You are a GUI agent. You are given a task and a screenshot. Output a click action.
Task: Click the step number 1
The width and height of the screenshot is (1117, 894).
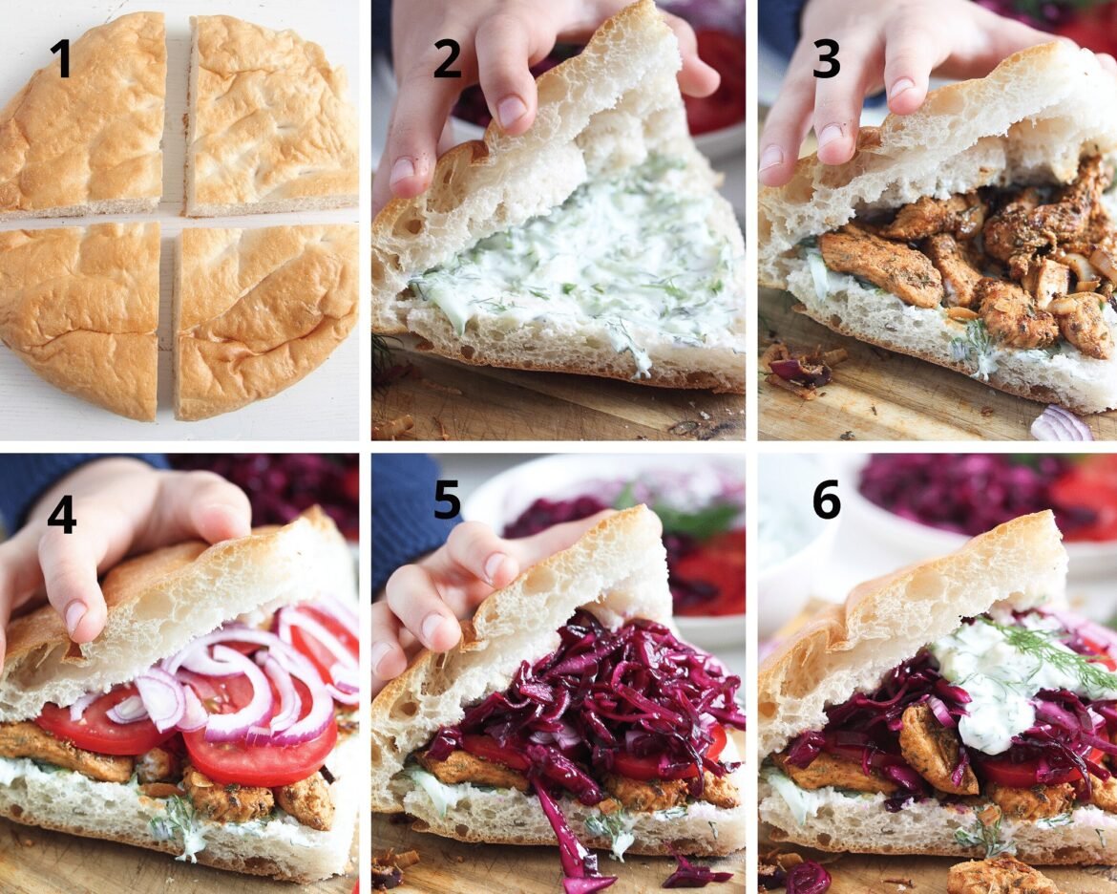click(x=61, y=57)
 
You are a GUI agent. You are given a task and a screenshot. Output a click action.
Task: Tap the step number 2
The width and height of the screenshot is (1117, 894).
click(x=448, y=57)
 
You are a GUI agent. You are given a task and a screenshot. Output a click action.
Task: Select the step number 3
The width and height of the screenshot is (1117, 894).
click(x=827, y=57)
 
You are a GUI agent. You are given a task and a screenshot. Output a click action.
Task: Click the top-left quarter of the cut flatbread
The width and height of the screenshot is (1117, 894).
click(x=82, y=114)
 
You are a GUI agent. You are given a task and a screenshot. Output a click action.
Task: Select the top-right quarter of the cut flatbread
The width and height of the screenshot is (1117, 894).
click(x=271, y=114)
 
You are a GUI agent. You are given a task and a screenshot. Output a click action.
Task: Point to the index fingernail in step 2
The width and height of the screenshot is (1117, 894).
click(x=512, y=112)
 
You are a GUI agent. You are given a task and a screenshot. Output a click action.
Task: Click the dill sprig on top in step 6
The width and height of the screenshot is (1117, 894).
click(x=1047, y=652)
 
